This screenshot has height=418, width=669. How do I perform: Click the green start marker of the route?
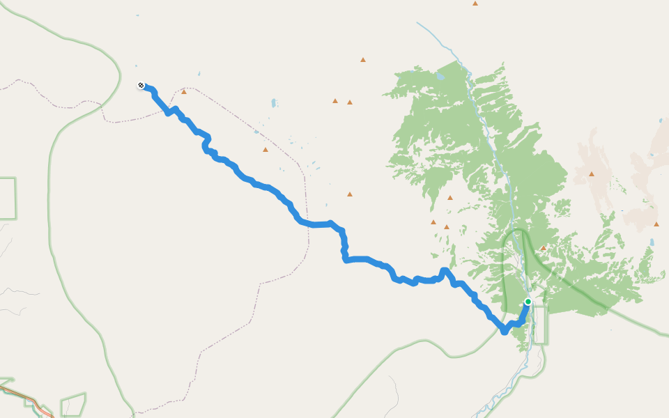click(528, 302)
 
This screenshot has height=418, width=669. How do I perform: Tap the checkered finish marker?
click(141, 85)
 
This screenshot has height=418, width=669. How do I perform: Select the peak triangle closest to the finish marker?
click(184, 91)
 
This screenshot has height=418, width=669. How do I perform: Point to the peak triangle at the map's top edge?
click(475, 3)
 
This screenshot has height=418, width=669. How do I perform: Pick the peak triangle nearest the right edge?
click(656, 224)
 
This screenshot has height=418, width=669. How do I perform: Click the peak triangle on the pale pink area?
click(592, 173)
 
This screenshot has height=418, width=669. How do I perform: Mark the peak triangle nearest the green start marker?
click(543, 248)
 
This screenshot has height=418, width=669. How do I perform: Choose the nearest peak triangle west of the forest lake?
click(363, 60)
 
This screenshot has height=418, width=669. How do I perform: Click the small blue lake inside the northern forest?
click(440, 75)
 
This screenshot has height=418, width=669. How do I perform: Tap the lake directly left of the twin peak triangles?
click(274, 103)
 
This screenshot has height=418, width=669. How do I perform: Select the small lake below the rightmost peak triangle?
click(652, 242)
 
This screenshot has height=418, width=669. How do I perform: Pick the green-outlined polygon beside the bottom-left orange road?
click(73, 405)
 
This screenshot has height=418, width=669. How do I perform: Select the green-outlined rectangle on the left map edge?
click(7, 198)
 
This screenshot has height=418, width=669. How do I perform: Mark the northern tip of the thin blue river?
click(417, 23)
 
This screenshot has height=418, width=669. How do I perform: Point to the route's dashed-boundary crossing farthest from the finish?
click(307, 224)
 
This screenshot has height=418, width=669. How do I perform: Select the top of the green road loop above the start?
click(517, 230)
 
